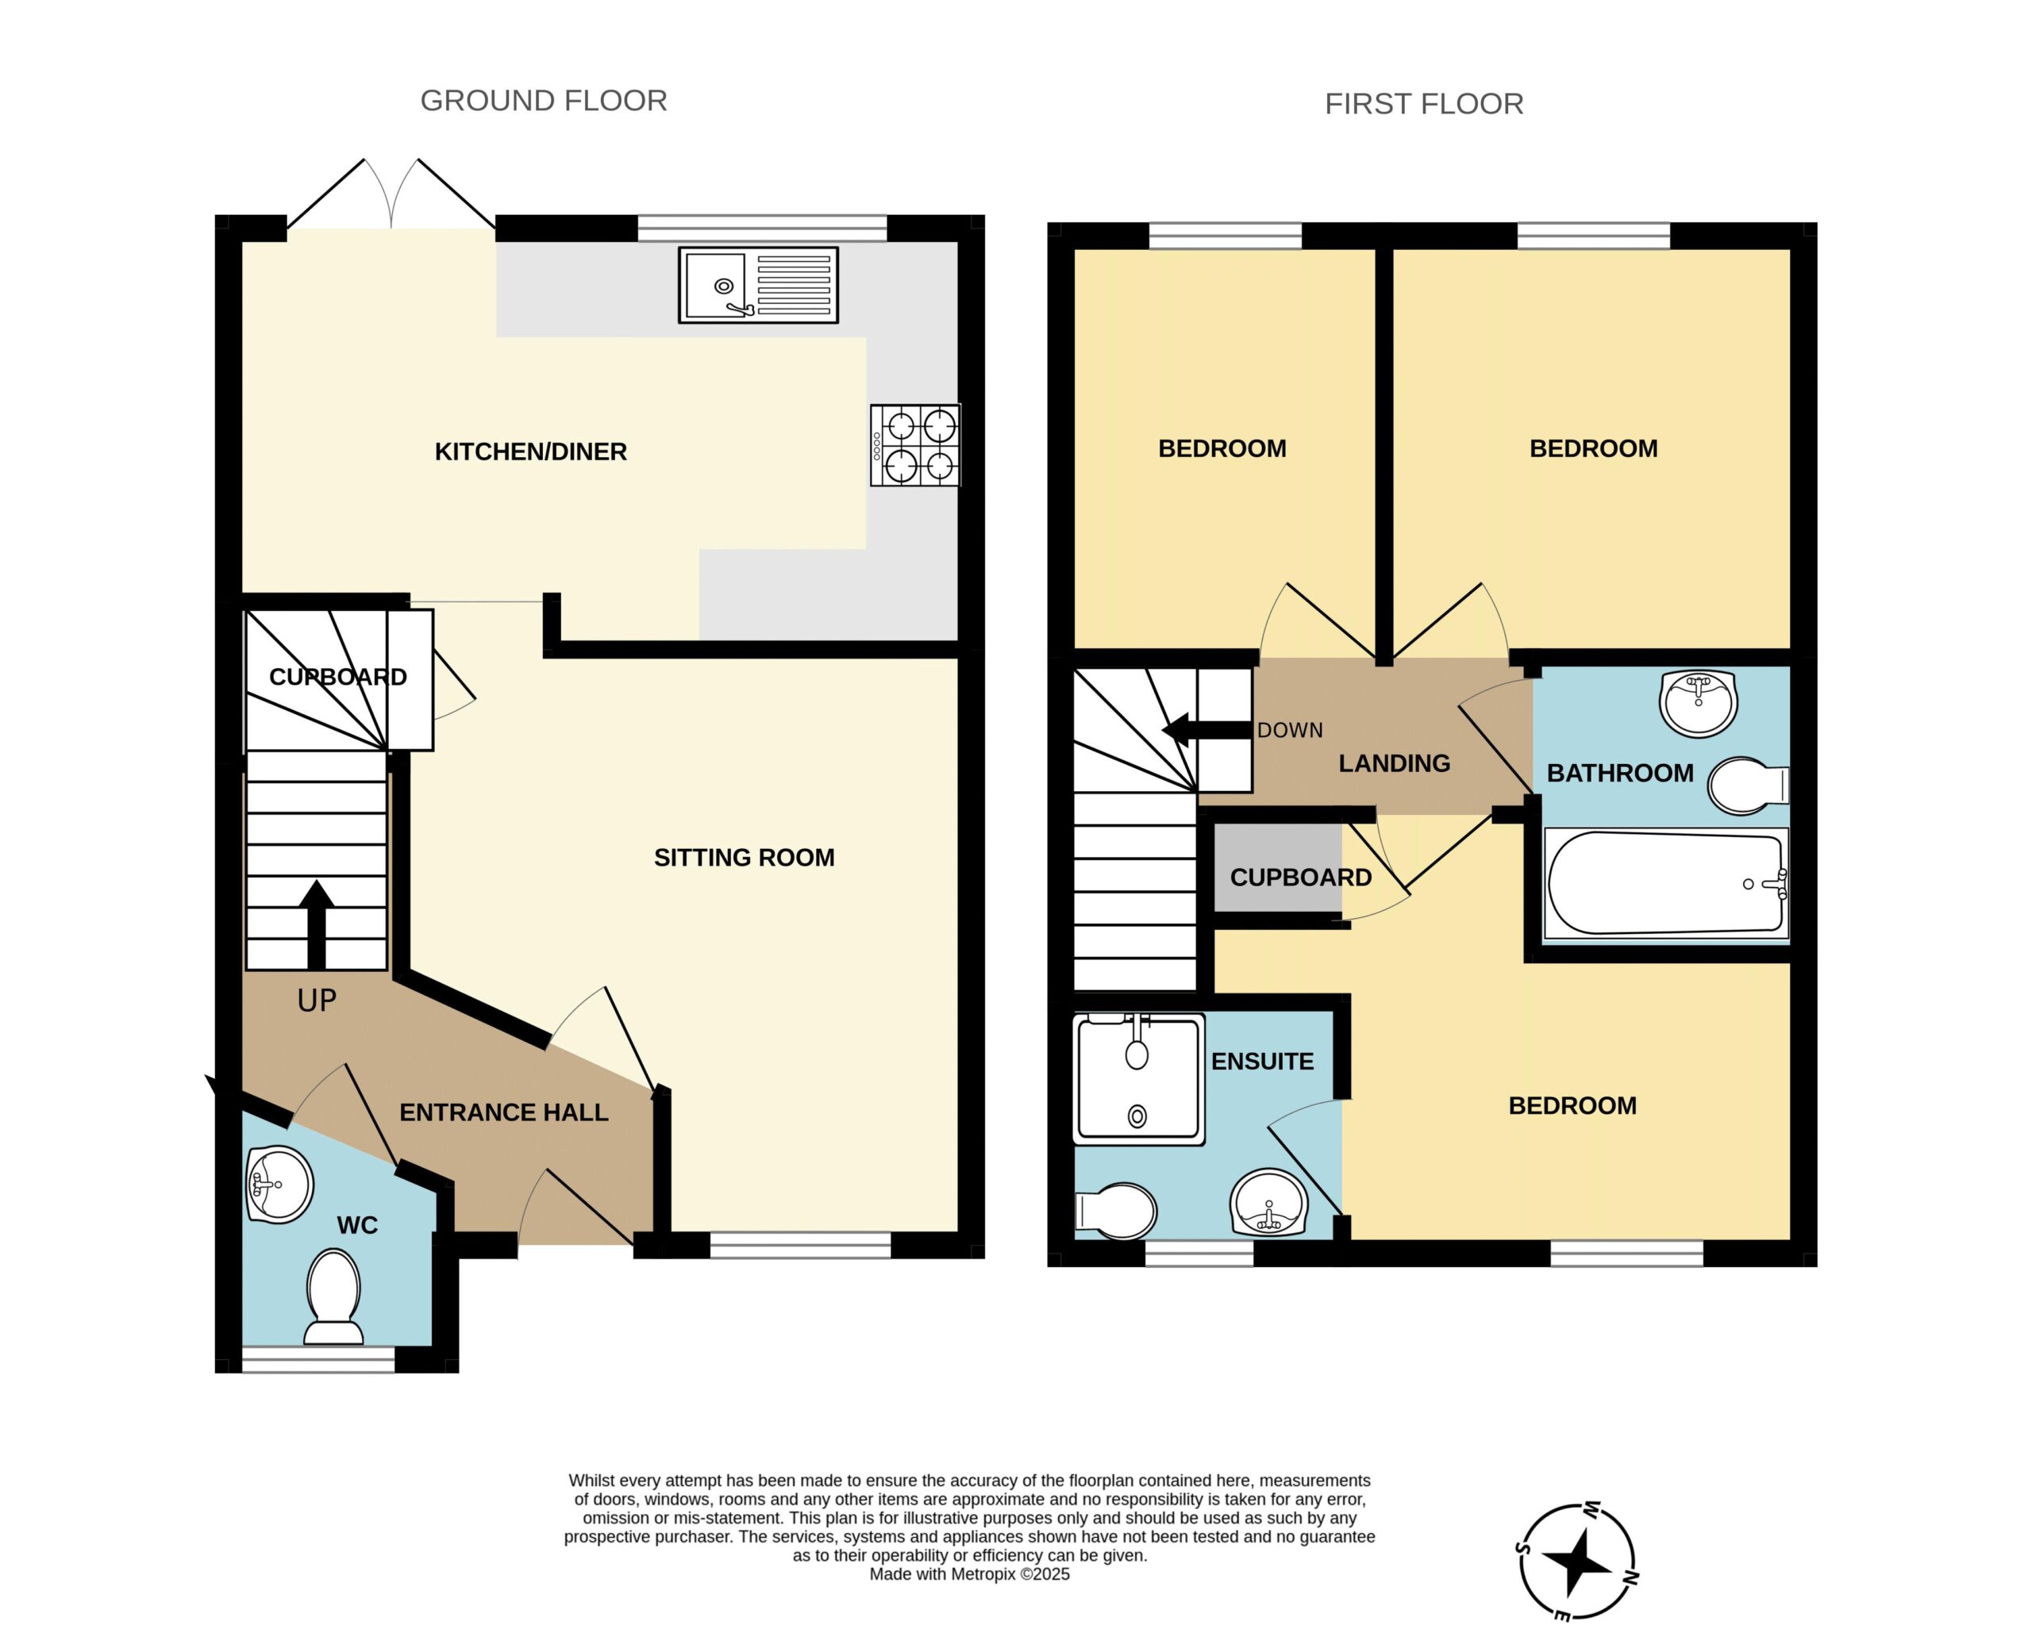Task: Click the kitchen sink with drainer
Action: pyautogui.click(x=758, y=285)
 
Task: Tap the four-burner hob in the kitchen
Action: pyautogui.click(x=915, y=445)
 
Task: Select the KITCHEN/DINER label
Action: pyautogui.click(x=530, y=451)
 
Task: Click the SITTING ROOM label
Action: pyautogui.click(x=744, y=857)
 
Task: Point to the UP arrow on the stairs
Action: pyautogui.click(x=317, y=925)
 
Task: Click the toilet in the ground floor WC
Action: pyautogui.click(x=333, y=1296)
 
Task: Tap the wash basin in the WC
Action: pyautogui.click(x=279, y=1184)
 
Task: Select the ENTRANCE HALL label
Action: pyautogui.click(x=503, y=1112)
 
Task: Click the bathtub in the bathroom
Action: pyautogui.click(x=1666, y=884)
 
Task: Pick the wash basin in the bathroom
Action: pyautogui.click(x=1699, y=703)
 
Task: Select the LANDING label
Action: pyautogui.click(x=1394, y=763)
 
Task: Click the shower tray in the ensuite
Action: pyautogui.click(x=1139, y=1078)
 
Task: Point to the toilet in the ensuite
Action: pyautogui.click(x=1116, y=1210)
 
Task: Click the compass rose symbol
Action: pyautogui.click(x=1577, y=1561)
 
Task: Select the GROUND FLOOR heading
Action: pyautogui.click(x=544, y=101)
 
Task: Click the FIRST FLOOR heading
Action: pyautogui.click(x=1424, y=104)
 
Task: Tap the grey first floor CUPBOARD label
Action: pyautogui.click(x=1301, y=877)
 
